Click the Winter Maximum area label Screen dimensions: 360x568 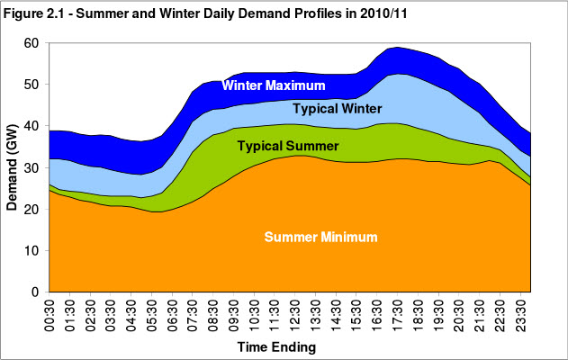pos(283,87)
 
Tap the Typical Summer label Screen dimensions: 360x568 pos(287,145)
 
